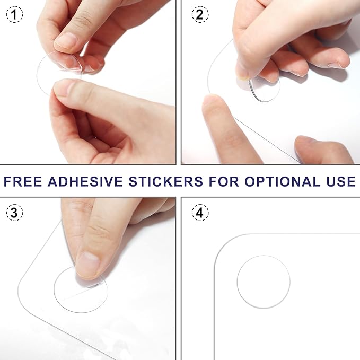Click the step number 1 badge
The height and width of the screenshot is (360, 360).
(x=15, y=15)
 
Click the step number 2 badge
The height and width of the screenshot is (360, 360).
(x=199, y=15)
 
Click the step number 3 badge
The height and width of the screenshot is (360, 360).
(x=15, y=213)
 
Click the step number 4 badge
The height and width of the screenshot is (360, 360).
(x=199, y=213)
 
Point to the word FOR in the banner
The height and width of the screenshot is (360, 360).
(x=223, y=181)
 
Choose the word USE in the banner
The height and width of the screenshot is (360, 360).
(x=338, y=181)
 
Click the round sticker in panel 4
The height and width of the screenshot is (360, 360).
(x=263, y=282)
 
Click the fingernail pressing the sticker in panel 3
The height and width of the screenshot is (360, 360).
(x=87, y=265)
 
